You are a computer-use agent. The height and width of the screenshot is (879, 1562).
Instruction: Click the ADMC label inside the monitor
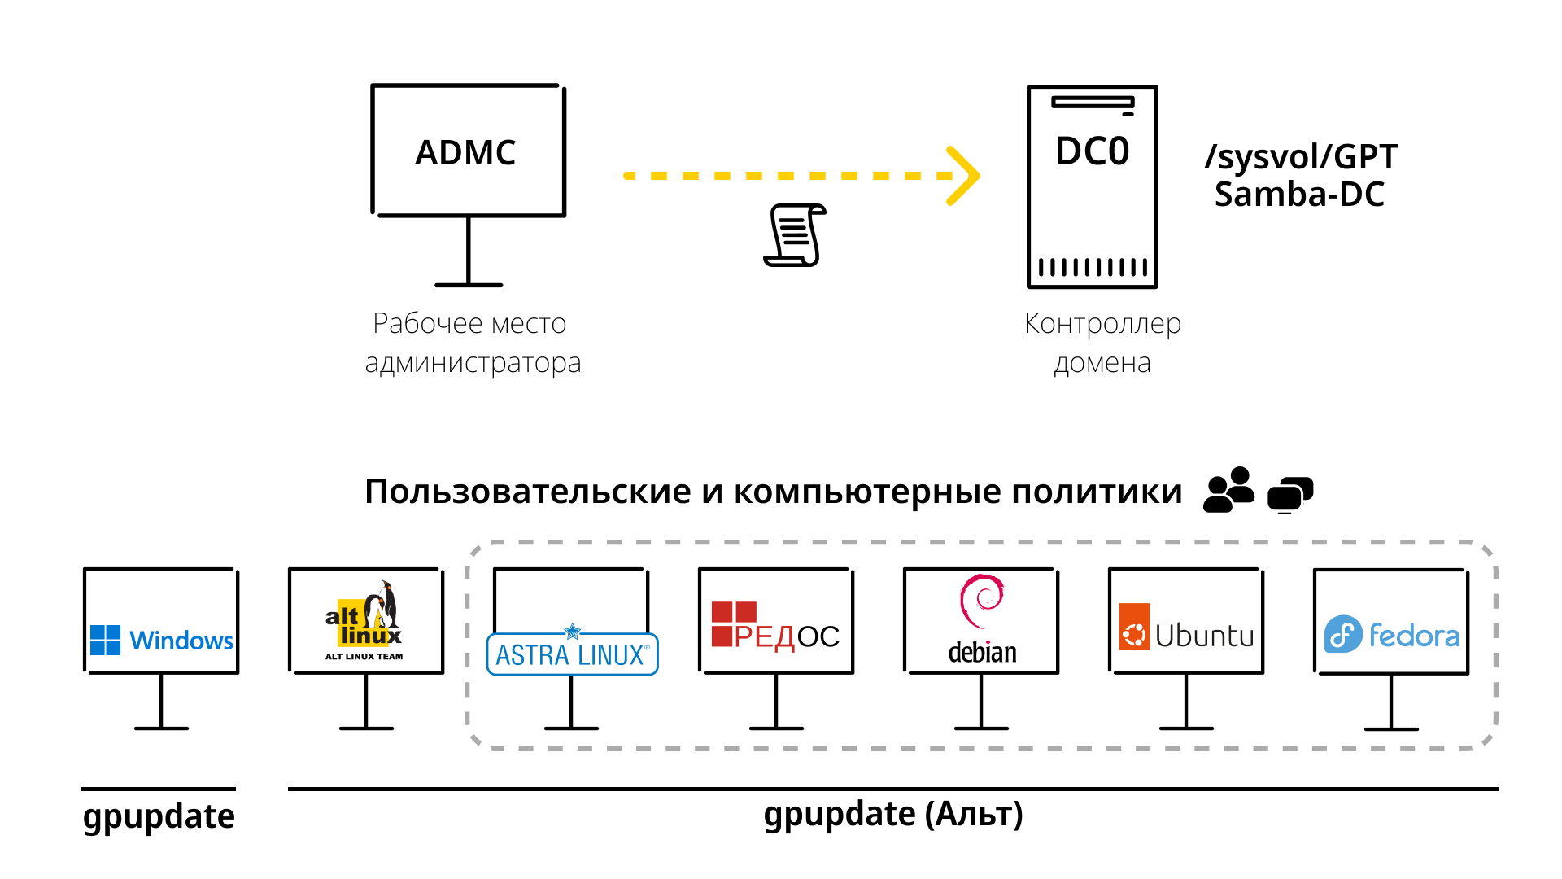(465, 153)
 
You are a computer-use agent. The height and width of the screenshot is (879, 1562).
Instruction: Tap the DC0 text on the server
(1092, 151)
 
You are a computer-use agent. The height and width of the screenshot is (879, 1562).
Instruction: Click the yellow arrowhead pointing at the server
(965, 176)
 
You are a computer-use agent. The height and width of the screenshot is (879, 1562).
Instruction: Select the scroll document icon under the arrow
(795, 235)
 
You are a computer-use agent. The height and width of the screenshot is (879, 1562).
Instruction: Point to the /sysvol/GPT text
(1300, 157)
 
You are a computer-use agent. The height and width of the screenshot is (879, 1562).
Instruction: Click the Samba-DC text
(1299, 195)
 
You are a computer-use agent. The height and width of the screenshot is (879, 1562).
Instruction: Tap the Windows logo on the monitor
(106, 640)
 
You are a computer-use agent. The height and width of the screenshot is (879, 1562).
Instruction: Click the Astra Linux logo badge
(572, 654)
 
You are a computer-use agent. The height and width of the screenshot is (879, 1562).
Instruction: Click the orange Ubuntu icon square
(1134, 627)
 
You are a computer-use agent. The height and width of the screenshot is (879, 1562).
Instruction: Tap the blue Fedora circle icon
(1343, 634)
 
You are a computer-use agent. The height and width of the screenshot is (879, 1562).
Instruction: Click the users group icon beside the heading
(1228, 490)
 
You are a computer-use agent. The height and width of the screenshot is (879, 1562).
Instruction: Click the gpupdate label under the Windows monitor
(159, 816)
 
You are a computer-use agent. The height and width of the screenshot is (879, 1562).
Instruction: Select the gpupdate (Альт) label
(892, 815)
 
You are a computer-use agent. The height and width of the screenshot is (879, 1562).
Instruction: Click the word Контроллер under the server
(1102, 324)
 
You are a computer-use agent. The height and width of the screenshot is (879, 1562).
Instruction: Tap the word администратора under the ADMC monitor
(473, 362)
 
